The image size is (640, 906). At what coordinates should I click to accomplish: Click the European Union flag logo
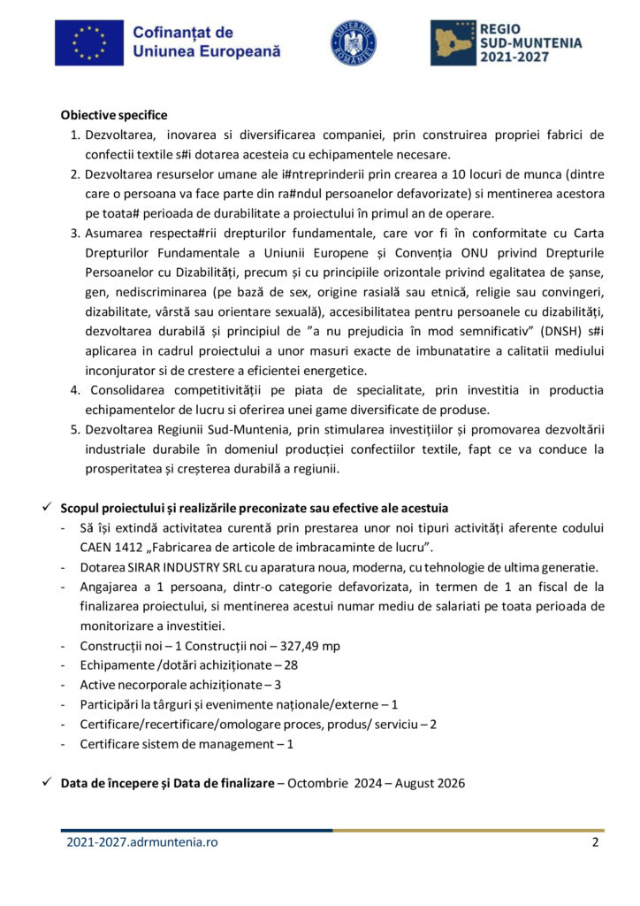coord(88,42)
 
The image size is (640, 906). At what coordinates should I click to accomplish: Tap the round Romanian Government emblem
coord(353,42)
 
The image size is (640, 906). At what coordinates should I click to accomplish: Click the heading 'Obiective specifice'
coord(114,115)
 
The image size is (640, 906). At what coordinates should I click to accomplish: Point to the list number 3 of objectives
coord(75,234)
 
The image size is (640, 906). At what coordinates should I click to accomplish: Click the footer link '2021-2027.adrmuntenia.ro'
coord(141,842)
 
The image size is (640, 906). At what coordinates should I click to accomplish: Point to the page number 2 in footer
coord(595,842)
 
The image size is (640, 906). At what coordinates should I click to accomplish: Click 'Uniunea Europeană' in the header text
coord(206,52)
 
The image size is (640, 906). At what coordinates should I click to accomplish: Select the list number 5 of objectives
coord(75,430)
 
